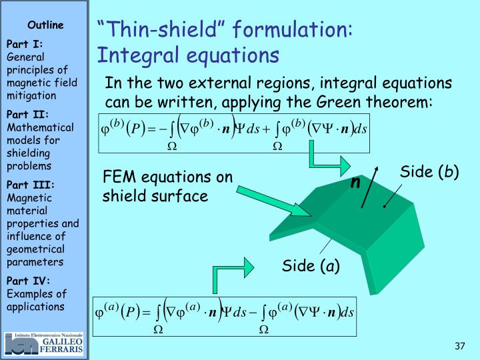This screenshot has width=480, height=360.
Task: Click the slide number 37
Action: tap(459, 346)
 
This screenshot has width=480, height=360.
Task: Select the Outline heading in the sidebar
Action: tap(45, 25)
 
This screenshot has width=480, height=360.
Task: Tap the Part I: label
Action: tap(25, 44)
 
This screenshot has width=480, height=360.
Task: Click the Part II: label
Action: tap(27, 115)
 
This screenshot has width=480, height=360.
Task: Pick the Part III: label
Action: tap(30, 185)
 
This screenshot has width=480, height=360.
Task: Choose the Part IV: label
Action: tap(28, 281)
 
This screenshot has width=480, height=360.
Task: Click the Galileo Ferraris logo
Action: tap(44, 343)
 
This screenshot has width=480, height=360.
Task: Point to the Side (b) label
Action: tap(429, 172)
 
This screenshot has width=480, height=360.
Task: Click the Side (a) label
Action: tap(311, 266)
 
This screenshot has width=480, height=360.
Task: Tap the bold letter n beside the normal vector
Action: tap(356, 182)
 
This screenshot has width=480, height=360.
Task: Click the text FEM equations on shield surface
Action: tap(167, 187)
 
